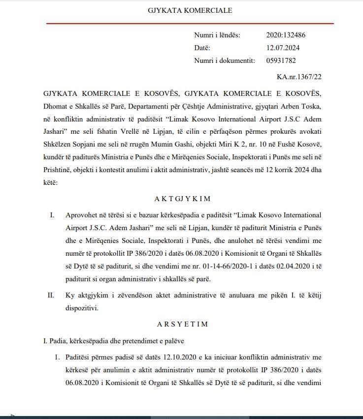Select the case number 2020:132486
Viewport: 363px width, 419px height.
[x=286, y=35]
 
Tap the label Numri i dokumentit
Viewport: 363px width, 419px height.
[x=224, y=60]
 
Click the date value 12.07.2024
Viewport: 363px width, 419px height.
[x=283, y=48]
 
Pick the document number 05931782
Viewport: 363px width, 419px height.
[x=281, y=60]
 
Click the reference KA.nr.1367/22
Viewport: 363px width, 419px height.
[x=299, y=77]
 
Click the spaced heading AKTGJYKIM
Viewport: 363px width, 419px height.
[x=183, y=199]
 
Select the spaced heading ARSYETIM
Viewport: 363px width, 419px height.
[x=183, y=324]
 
